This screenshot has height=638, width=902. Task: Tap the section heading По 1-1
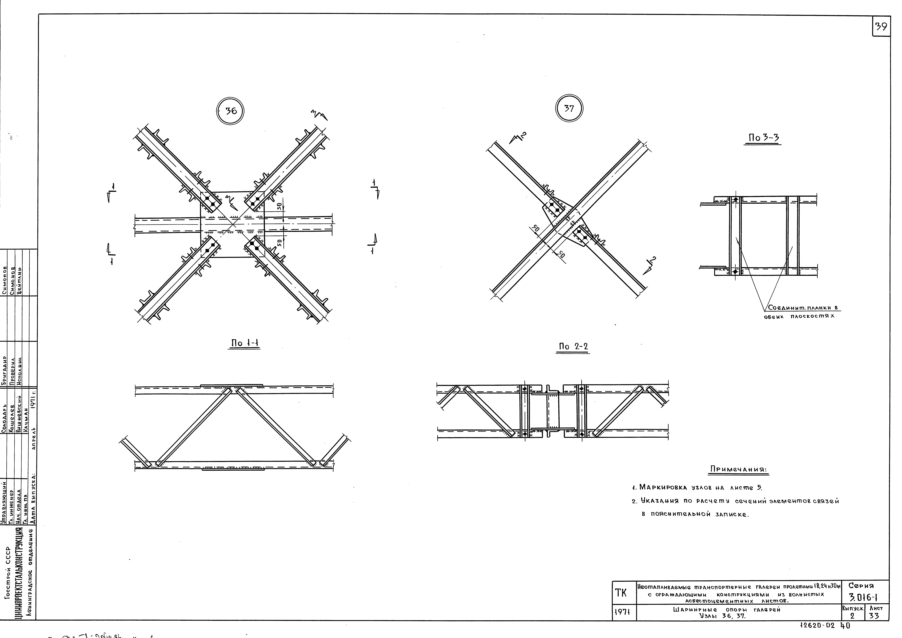(244, 343)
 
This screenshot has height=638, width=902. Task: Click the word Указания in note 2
(659, 501)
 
